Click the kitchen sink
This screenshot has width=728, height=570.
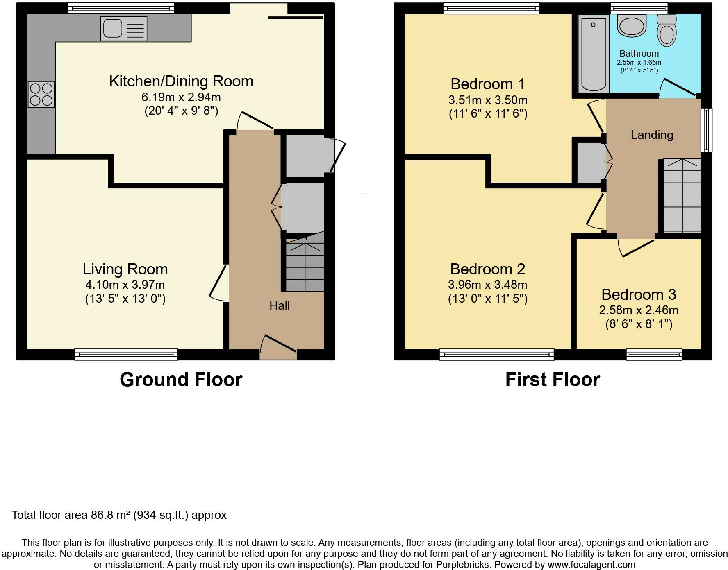pos(124,29)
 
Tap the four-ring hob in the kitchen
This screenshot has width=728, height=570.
pos(41,94)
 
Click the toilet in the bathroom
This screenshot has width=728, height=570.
pos(667,30)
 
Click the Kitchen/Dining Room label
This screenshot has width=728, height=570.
pos(181,81)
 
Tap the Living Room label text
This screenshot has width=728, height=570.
pos(125,269)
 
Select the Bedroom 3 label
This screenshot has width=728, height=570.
pos(639,294)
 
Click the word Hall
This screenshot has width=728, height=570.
pos(280,305)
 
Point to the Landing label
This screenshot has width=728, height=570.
pos(652,135)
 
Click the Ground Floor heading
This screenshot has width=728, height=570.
pos(181,380)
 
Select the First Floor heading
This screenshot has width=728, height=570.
pos(553,380)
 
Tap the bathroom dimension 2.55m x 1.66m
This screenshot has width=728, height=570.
pos(639,63)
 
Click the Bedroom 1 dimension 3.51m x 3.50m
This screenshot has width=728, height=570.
pos(488,100)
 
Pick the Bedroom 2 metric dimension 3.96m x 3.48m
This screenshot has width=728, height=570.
pos(488,285)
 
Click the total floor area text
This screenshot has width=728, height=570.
pos(119,515)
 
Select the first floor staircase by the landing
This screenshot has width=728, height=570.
pos(682,196)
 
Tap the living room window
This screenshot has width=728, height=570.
pos(126,354)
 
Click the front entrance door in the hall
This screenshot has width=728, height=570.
pos(278,347)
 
